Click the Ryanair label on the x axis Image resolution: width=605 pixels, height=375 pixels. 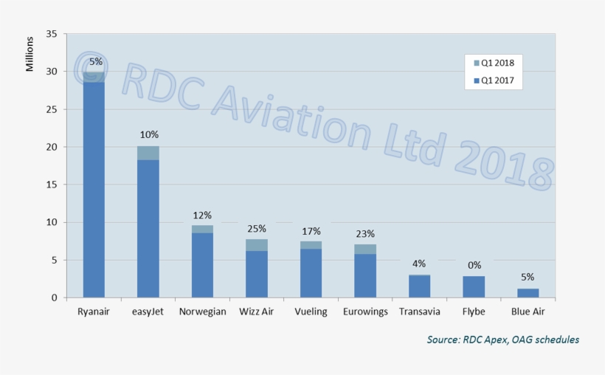(94, 312)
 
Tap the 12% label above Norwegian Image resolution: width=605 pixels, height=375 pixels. (202, 215)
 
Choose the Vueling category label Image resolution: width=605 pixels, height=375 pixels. (311, 312)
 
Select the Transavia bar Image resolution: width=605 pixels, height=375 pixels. (419, 286)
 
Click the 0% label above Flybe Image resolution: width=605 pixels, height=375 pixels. (474, 265)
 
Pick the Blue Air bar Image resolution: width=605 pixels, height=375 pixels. (528, 293)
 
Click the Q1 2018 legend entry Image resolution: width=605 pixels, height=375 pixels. (493, 63)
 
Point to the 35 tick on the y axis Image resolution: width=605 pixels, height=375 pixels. (52, 34)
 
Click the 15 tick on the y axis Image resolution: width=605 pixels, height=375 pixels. (52, 185)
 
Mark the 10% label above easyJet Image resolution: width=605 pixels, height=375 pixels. (148, 135)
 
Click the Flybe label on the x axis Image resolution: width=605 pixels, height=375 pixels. (474, 312)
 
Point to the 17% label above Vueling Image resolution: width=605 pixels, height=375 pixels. (311, 231)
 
